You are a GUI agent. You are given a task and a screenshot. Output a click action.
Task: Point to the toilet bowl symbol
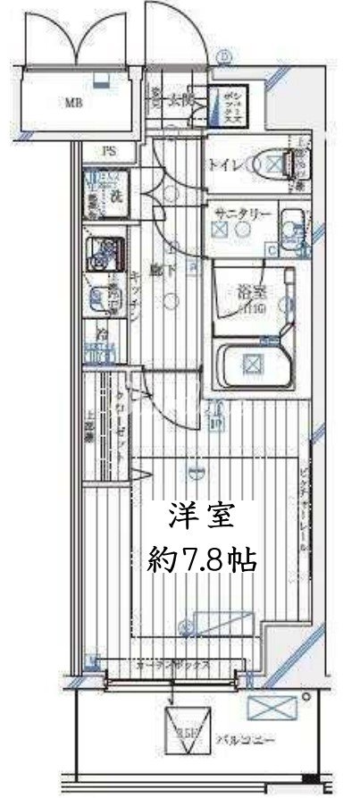pos(270,164)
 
